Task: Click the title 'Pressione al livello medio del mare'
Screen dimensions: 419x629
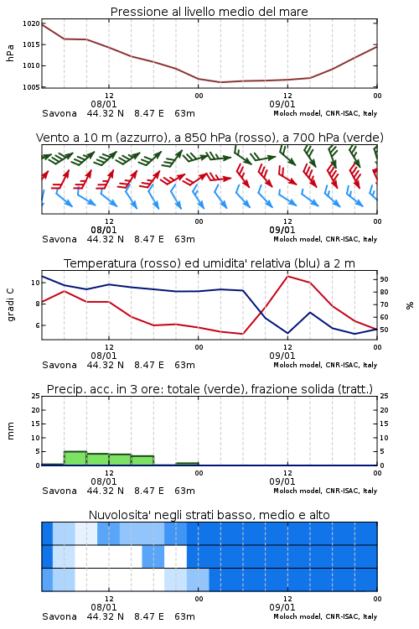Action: (x=209, y=12)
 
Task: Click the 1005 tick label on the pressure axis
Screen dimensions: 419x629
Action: (x=31, y=87)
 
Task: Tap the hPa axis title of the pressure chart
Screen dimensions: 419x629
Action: (x=10, y=54)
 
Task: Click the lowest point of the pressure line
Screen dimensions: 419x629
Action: (x=221, y=82)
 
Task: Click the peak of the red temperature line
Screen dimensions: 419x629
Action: (x=288, y=276)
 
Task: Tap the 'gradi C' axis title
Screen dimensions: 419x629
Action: (x=10, y=305)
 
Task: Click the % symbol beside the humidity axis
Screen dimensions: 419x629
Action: (x=410, y=305)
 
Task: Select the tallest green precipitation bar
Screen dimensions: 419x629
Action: (x=75, y=458)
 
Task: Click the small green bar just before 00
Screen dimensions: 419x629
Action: (x=187, y=464)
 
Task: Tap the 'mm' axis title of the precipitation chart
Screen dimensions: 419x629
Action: (x=10, y=431)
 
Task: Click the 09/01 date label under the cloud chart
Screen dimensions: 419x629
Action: (x=282, y=607)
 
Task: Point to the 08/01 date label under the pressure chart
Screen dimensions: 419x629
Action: (x=103, y=104)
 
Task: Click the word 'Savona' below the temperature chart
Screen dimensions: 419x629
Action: (x=59, y=365)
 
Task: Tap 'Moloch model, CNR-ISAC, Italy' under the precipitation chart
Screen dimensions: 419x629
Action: (x=325, y=491)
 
